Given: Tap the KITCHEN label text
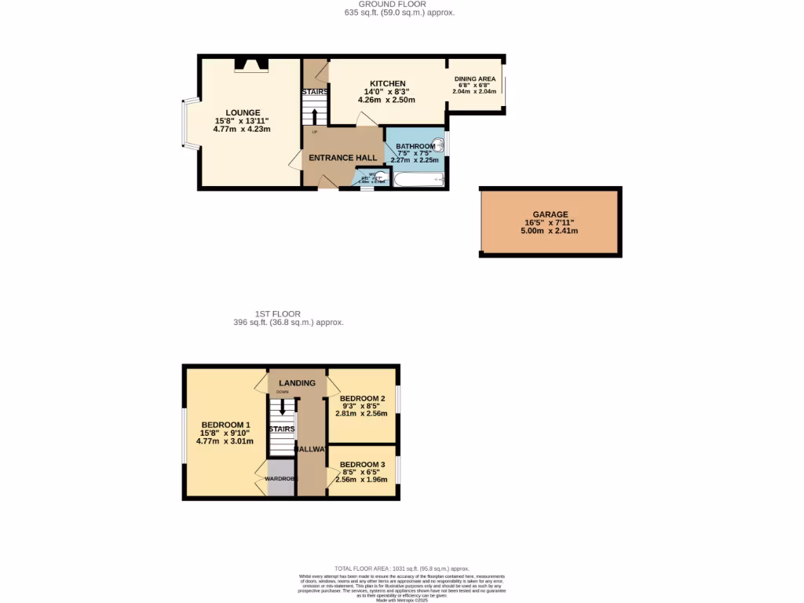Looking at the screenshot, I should point(387,83).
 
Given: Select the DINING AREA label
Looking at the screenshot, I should point(475,79).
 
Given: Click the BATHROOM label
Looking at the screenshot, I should point(415,146).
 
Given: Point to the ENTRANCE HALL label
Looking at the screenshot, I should point(342,158).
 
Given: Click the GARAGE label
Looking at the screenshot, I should point(550,214).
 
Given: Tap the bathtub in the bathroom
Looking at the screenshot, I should point(418,181).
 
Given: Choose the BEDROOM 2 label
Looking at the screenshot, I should point(362,398).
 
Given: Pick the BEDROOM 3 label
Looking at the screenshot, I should point(362,464).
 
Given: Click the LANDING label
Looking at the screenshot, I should point(297,383).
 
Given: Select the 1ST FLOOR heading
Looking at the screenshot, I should point(277,313).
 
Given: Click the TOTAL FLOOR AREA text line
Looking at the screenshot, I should point(401,568).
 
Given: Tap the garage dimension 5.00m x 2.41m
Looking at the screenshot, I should point(550,231).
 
